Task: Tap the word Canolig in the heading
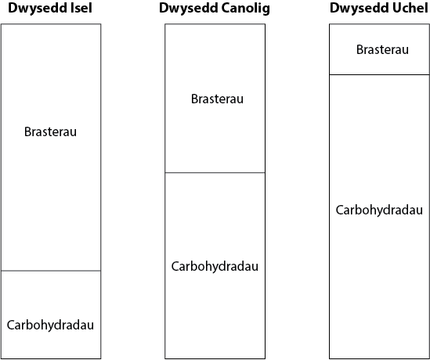tap(245, 9)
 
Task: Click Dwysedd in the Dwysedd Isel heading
tap(38, 9)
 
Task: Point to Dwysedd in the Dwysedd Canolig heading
tap(189, 9)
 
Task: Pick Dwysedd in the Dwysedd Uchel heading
tap(360, 9)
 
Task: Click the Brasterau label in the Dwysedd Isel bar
tap(50, 131)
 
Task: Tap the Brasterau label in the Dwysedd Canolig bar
tap(217, 99)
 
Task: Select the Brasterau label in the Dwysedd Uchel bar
tap(382, 49)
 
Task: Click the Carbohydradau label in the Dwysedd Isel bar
tap(50, 326)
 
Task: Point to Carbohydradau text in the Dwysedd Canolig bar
tap(215, 267)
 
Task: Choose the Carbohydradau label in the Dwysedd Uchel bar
tap(379, 211)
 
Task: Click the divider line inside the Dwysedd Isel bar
tap(51, 271)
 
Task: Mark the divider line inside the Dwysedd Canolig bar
tap(215, 173)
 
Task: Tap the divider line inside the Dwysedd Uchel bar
tap(379, 74)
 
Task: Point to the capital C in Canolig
tap(226, 9)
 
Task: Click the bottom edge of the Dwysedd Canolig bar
tap(215, 358)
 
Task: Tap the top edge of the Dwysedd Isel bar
tap(51, 24)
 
